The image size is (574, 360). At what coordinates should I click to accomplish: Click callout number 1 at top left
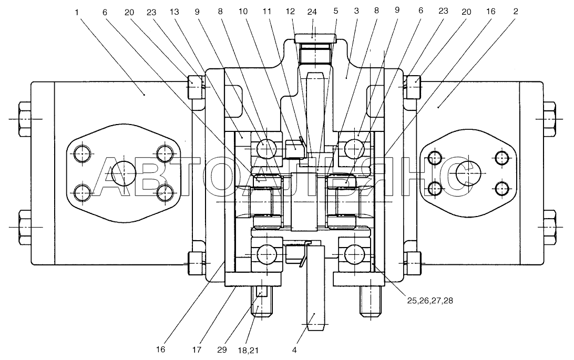coord(77,13)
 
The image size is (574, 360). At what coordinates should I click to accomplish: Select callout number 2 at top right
coord(516,12)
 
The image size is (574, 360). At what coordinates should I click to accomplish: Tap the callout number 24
coord(312,12)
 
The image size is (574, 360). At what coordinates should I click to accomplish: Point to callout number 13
coord(175,12)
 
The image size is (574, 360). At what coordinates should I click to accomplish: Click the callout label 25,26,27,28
coord(430,301)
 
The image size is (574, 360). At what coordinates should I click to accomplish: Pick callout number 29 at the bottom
coord(222,350)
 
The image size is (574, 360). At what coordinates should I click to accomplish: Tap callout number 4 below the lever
coord(294,350)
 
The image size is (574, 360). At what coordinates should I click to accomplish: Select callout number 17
coord(197,350)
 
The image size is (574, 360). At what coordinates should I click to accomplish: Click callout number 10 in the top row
coord(243,12)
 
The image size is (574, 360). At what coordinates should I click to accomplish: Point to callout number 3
coord(356,11)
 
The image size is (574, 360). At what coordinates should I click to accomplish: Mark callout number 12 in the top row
coord(290,12)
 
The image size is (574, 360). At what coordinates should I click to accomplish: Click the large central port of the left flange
coord(124,172)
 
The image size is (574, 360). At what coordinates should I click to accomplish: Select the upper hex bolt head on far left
coord(24,119)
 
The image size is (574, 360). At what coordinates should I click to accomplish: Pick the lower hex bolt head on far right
coord(549,227)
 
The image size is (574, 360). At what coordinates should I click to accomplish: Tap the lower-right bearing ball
coord(354,253)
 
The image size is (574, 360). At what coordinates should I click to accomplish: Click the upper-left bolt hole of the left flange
coord(83,153)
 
